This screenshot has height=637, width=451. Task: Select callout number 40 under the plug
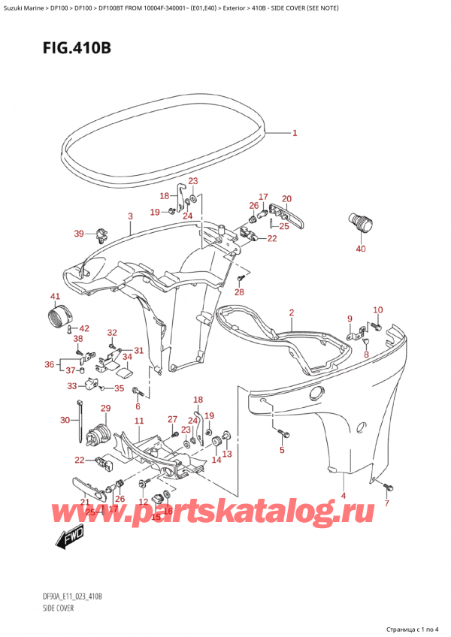360,249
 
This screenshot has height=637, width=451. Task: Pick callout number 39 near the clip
79,234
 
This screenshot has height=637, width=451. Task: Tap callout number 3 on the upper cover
130,216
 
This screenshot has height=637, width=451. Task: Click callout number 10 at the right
377,309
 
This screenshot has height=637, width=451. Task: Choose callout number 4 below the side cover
344,495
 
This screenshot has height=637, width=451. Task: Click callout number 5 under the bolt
283,451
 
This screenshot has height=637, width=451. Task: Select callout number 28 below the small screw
239,291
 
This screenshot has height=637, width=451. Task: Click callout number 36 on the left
50,365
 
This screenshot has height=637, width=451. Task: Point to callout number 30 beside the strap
65,420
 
